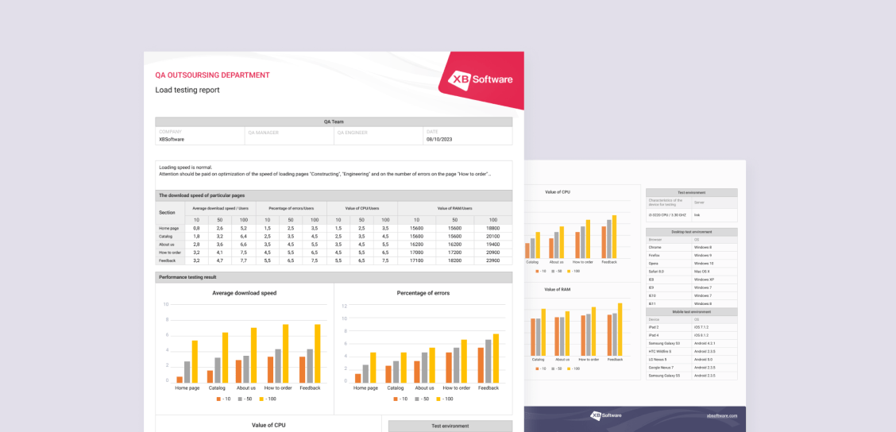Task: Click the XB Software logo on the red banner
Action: pos(481,79)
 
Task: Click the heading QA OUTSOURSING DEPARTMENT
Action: pos(212,75)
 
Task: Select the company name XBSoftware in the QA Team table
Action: pos(172,139)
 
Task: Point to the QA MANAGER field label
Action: pos(263,133)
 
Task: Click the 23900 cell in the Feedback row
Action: pos(492,260)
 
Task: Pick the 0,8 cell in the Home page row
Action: pos(196,228)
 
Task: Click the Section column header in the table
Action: pos(167,212)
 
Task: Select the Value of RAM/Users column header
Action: pos(454,208)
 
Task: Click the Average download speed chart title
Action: pos(245,293)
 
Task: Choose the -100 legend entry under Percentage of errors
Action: pos(447,399)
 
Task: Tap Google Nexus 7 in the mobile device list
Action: pos(661,368)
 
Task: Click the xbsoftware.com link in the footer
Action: pos(722,415)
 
